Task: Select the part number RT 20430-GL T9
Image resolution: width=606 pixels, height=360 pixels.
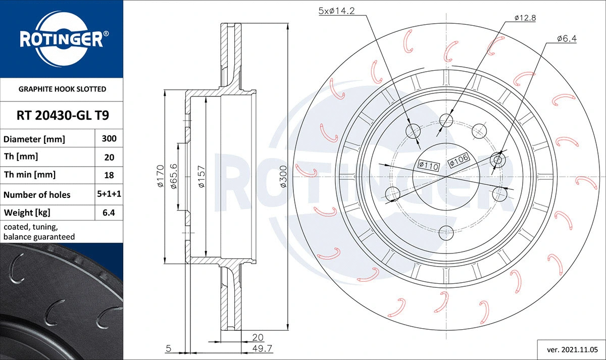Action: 63,116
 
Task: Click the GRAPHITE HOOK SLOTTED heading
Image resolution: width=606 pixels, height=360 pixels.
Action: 62,89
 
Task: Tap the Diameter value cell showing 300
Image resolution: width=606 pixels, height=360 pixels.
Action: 109,138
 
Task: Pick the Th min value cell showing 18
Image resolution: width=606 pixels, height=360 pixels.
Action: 109,175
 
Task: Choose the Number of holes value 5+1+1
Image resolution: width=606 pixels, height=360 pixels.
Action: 109,194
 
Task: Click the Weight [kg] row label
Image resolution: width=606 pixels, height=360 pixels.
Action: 27,213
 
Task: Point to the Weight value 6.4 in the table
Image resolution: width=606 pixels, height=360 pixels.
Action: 109,213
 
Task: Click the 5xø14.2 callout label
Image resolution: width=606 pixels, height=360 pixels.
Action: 336,11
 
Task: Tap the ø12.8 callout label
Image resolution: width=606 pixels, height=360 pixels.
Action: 525,18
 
